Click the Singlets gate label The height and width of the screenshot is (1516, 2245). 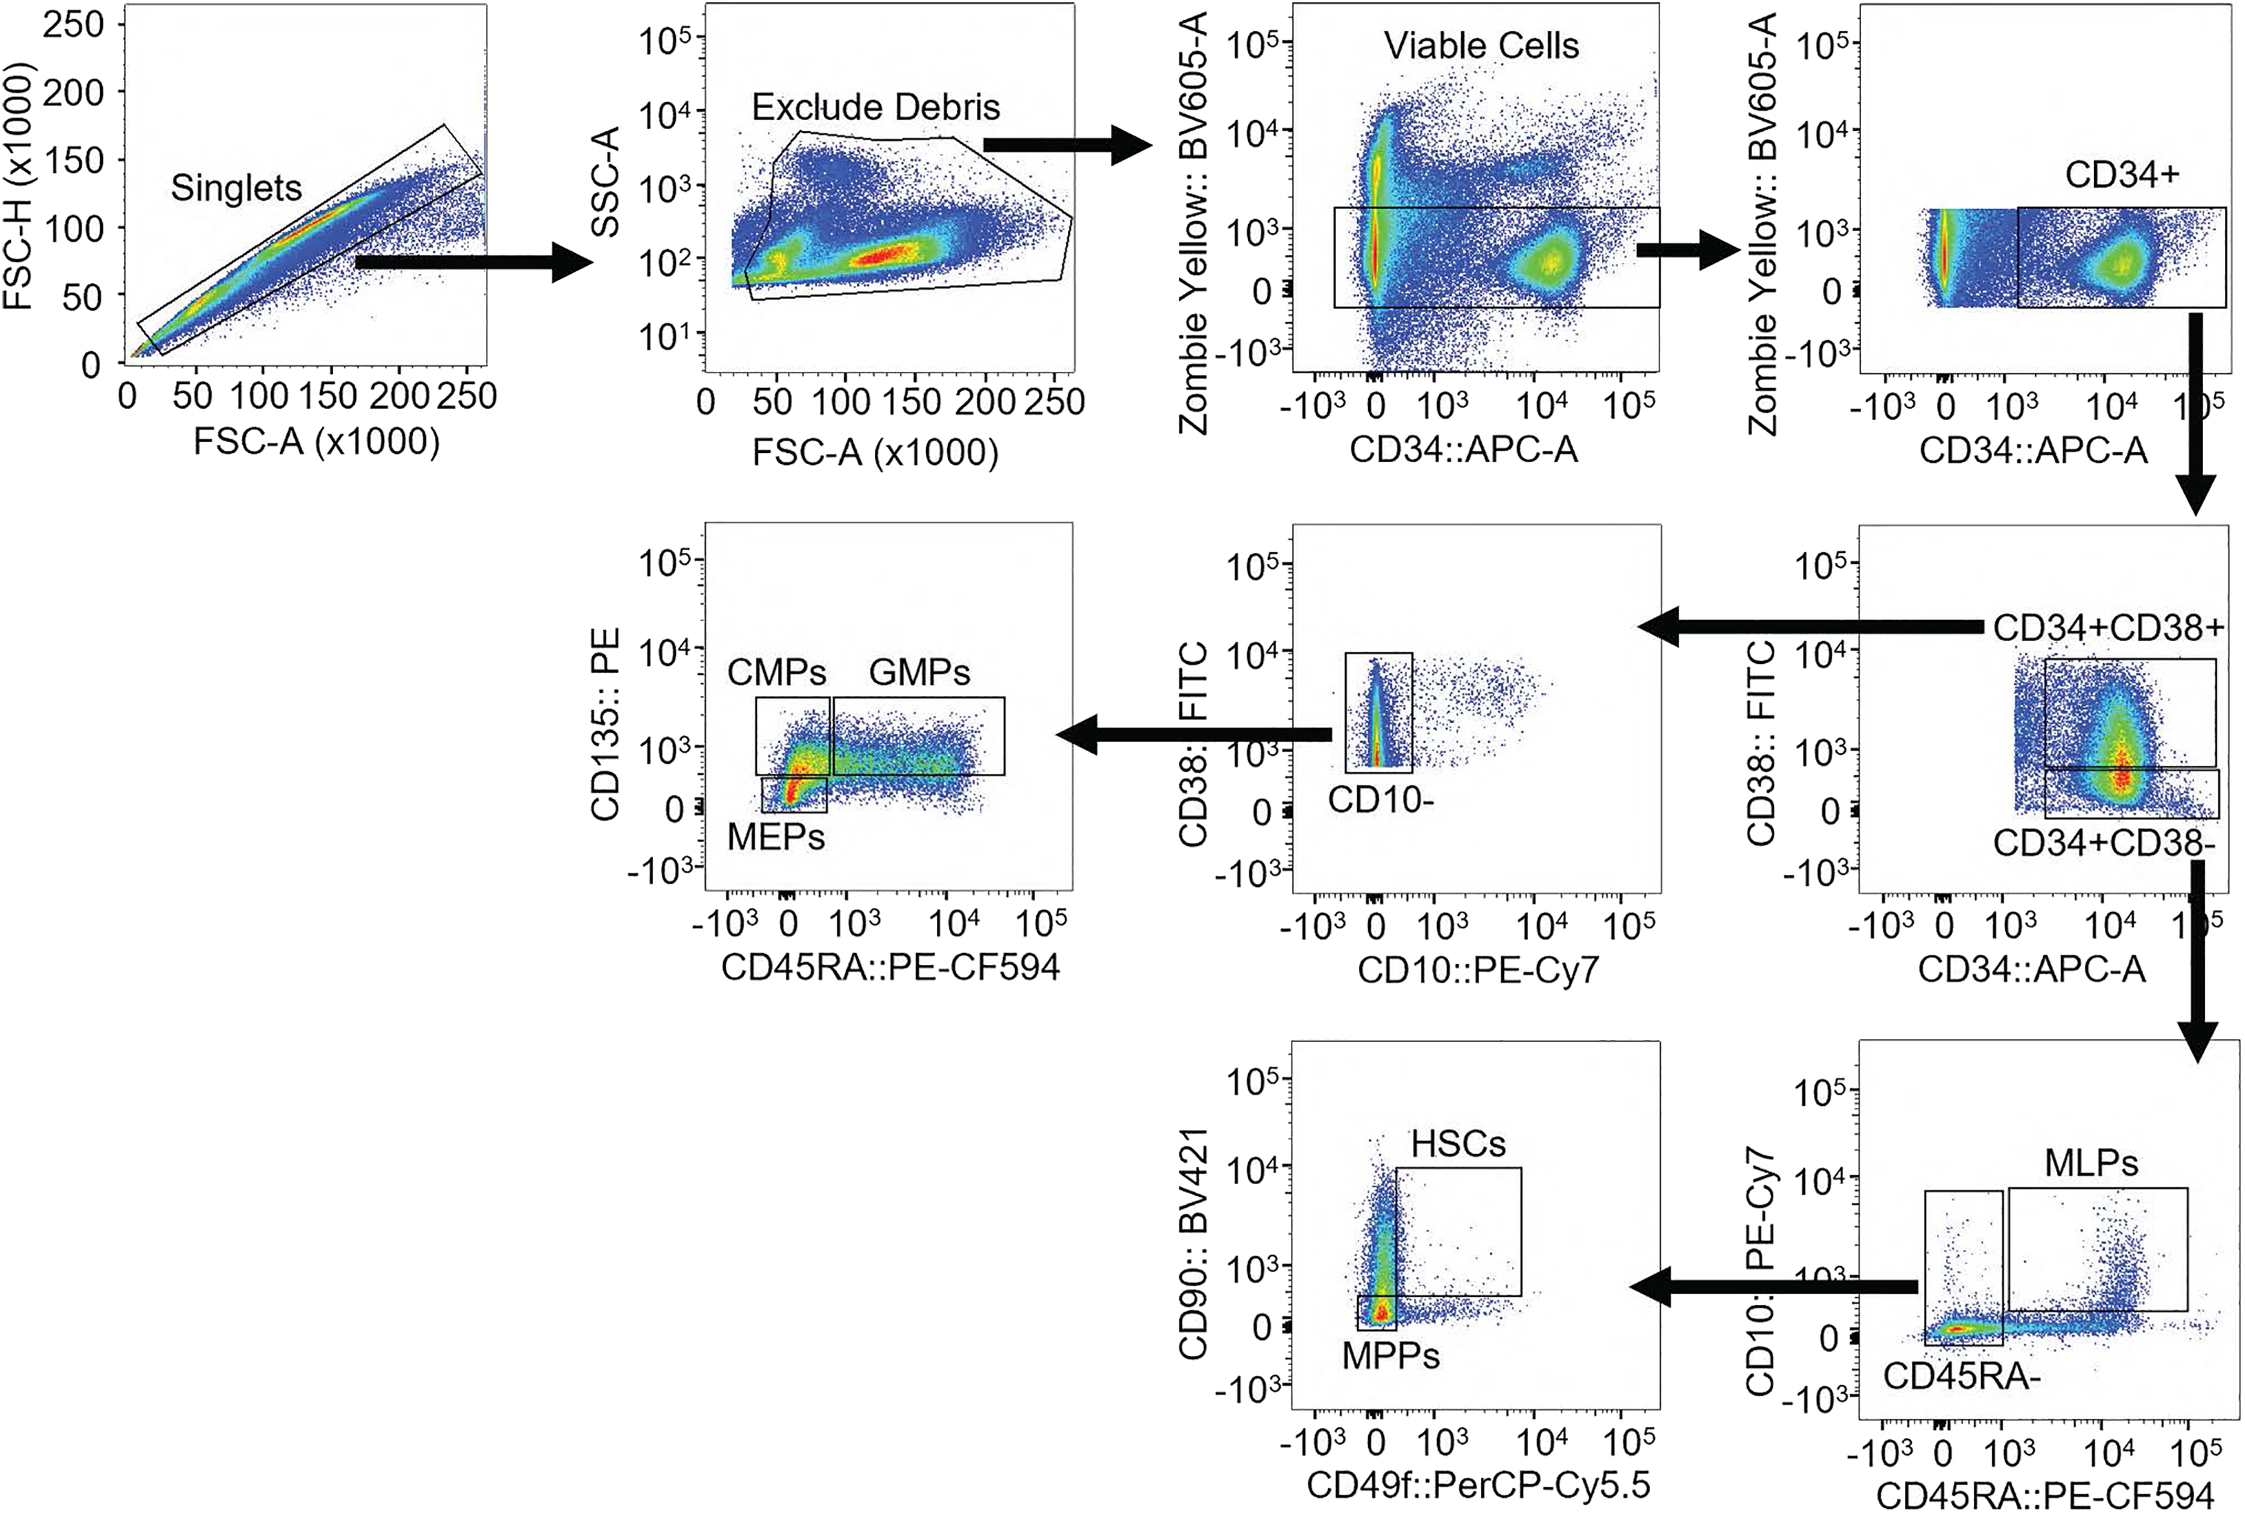[x=236, y=188]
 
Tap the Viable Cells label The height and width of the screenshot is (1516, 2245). [x=1481, y=45]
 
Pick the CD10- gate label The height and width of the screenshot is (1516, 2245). [x=1380, y=800]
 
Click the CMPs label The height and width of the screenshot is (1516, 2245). [x=777, y=672]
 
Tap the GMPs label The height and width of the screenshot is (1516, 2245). [x=919, y=672]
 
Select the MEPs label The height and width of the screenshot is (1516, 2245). [x=776, y=837]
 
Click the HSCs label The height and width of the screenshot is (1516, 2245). [x=1458, y=1144]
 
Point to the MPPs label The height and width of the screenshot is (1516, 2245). [x=1390, y=1356]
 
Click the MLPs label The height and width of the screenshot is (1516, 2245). [x=2091, y=1162]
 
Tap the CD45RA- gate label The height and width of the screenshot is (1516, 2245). [x=1961, y=1375]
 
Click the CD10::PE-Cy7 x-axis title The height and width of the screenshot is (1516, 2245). [x=1478, y=969]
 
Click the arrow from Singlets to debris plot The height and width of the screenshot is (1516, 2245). [x=473, y=262]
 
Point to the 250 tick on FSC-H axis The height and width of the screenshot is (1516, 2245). [x=72, y=24]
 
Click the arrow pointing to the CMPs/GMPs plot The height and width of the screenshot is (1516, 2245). [x=1194, y=735]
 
